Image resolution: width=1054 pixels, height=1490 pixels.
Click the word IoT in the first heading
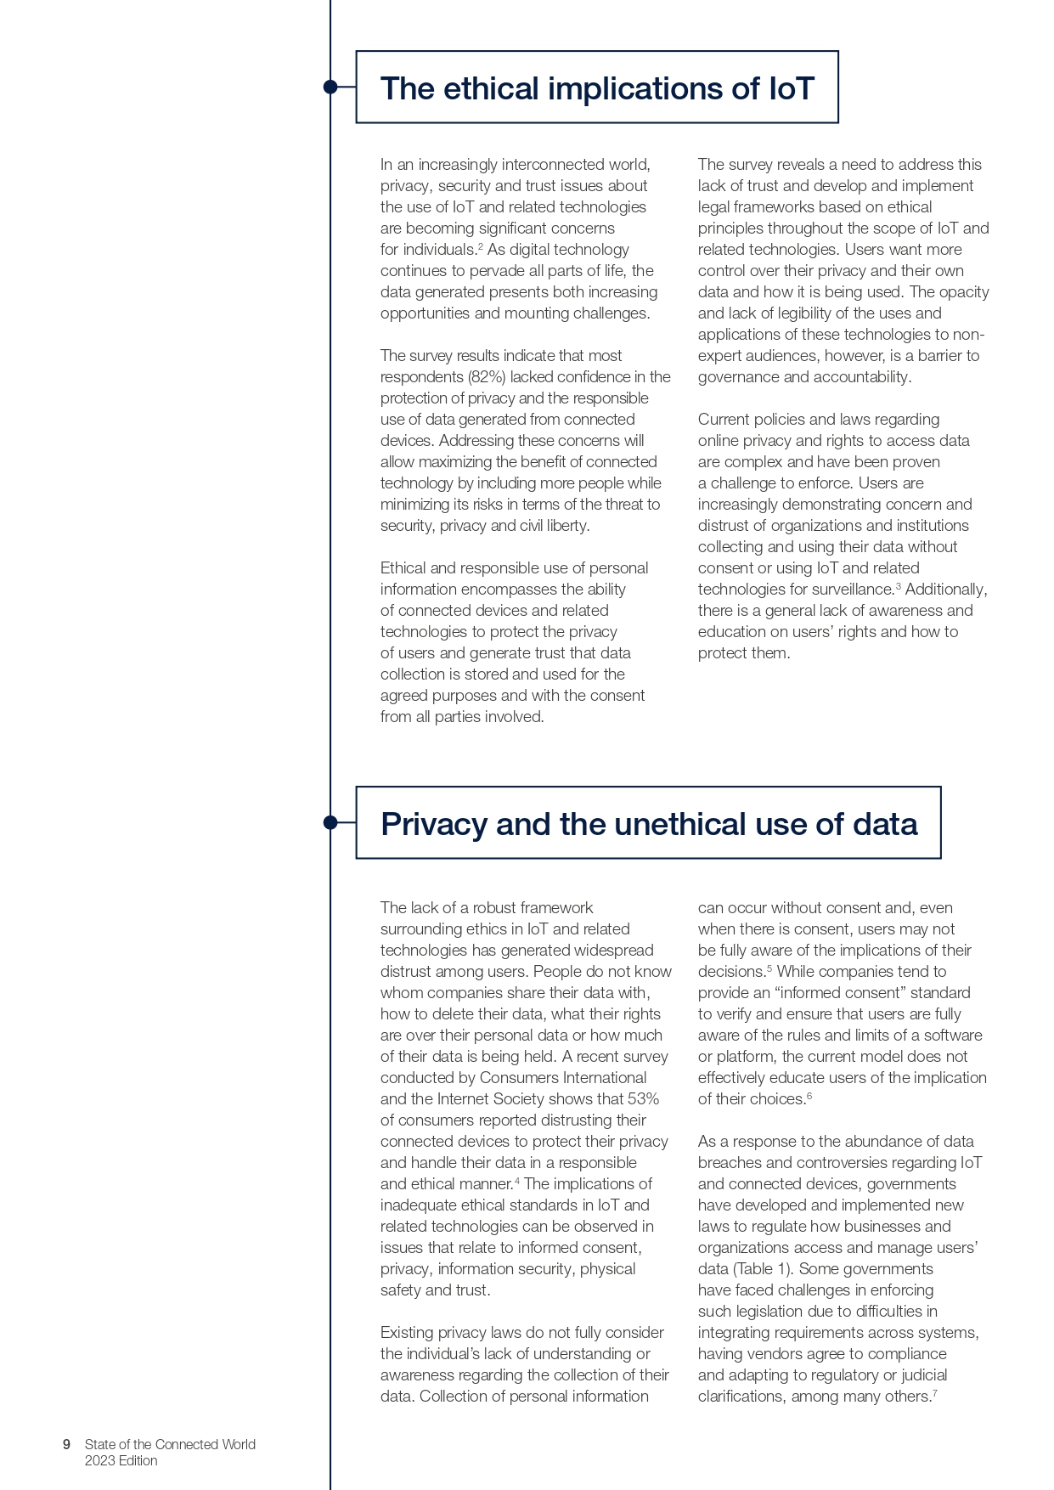point(792,88)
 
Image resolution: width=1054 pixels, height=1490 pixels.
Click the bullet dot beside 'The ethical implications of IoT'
point(330,87)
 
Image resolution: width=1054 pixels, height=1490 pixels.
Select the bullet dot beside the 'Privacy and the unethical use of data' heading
point(330,822)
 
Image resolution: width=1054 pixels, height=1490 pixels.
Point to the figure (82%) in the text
point(487,377)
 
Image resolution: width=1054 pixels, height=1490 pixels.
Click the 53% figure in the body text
point(643,1099)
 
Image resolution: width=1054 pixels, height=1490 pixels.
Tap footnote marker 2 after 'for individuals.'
point(480,246)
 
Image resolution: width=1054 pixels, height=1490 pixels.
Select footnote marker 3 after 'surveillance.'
point(898,586)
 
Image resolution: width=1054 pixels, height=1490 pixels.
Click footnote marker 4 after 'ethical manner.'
point(517,1181)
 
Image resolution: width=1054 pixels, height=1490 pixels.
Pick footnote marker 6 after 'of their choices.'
point(809,1096)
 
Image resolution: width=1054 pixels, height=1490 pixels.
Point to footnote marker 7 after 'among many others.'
point(934,1393)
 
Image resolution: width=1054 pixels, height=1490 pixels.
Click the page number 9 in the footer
point(66,1444)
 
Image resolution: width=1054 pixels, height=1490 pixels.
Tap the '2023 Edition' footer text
point(121,1461)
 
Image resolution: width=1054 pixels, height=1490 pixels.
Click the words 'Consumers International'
point(563,1078)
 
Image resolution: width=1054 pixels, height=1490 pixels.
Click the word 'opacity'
point(962,292)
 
